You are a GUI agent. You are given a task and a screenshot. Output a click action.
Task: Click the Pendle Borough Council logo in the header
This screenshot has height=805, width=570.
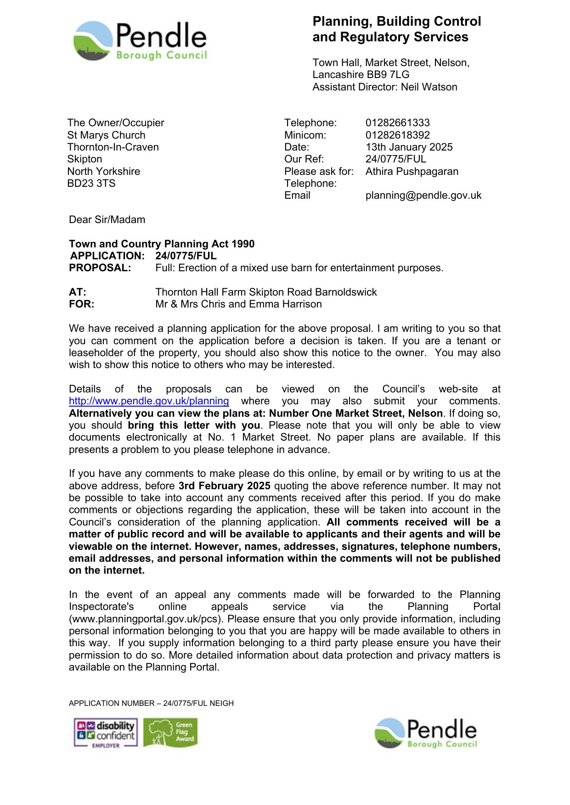pos(140,41)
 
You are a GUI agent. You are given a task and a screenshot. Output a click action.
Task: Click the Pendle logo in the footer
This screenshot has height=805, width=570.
pos(426,733)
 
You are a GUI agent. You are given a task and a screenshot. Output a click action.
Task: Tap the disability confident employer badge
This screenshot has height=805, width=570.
pos(106,733)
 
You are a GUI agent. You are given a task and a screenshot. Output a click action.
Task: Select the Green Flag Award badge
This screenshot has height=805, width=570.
pos(170,732)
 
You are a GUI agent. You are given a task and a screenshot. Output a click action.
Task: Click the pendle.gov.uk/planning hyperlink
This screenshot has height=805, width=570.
pos(149,401)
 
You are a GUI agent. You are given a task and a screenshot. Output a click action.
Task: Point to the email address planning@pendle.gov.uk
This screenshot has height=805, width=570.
pos(423,196)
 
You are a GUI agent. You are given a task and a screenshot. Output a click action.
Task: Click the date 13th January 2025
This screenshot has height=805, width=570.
pos(409,147)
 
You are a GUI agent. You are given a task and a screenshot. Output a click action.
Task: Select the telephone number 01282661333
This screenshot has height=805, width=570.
pos(397,123)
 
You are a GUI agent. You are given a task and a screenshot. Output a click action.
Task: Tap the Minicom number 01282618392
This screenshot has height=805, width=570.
pos(397,135)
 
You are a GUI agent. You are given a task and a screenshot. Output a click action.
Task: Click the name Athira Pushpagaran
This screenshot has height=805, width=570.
pos(412,172)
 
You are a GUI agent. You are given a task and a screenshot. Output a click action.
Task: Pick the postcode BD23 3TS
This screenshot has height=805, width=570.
pos(91,184)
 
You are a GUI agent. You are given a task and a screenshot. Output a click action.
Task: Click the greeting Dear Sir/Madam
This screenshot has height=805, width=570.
pos(107,220)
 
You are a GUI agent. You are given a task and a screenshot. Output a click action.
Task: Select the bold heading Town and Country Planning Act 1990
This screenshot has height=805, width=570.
pos(162,244)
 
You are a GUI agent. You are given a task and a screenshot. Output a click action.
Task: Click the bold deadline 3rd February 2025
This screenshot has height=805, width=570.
pos(224,486)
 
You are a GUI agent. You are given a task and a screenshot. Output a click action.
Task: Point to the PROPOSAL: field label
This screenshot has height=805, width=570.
pos(100,268)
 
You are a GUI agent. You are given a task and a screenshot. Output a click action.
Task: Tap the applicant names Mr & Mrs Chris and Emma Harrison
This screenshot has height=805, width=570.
pos(238,304)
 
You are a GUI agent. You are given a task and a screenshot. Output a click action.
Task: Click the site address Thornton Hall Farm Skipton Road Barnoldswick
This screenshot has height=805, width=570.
pos(266,292)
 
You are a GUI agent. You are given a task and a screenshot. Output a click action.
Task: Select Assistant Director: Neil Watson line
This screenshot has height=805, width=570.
pos(384,87)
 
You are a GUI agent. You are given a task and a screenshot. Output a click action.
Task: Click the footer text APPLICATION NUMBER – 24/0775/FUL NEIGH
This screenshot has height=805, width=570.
pos(151,703)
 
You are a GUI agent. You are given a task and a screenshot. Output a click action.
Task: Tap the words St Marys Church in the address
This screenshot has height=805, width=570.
pos(106,135)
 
